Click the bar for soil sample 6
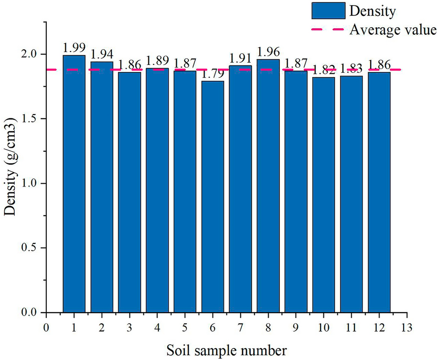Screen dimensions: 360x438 coord(213,197)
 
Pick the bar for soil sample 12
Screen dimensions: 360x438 coord(379,193)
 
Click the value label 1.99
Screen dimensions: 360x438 coord(74,48)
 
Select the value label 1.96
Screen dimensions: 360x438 coord(268,52)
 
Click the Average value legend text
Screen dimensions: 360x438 coord(393,30)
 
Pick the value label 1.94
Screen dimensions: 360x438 coord(102,55)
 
